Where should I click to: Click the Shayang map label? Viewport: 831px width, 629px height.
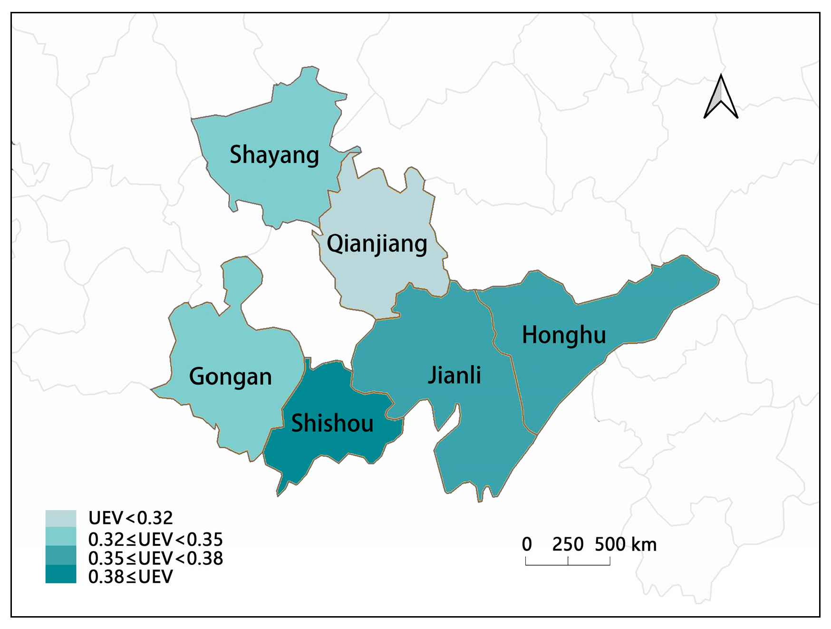click(274, 155)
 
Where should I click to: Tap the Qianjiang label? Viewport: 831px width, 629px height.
click(377, 244)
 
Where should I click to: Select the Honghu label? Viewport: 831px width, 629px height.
click(564, 335)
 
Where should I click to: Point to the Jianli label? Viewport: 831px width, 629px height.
click(454, 375)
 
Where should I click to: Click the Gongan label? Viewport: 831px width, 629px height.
click(230, 377)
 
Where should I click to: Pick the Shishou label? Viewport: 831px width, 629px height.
click(332, 423)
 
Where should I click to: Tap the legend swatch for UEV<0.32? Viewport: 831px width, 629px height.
click(61, 518)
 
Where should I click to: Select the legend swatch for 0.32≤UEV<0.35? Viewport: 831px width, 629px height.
click(61, 536)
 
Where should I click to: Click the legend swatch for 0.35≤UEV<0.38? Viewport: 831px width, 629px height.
click(61, 555)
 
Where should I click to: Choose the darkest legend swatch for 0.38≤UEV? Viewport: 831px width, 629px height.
click(61, 574)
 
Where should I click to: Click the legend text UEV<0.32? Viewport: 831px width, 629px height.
click(131, 518)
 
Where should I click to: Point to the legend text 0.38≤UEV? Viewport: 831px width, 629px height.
click(131, 577)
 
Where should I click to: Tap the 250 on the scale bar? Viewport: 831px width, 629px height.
click(568, 544)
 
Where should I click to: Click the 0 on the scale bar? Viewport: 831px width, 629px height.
click(527, 544)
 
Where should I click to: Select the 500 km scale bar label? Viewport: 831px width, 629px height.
click(626, 544)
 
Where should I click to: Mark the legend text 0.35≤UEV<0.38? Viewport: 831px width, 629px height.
click(155, 558)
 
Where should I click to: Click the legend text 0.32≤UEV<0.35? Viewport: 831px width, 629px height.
click(155, 540)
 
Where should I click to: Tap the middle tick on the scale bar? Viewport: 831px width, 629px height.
click(568, 561)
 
